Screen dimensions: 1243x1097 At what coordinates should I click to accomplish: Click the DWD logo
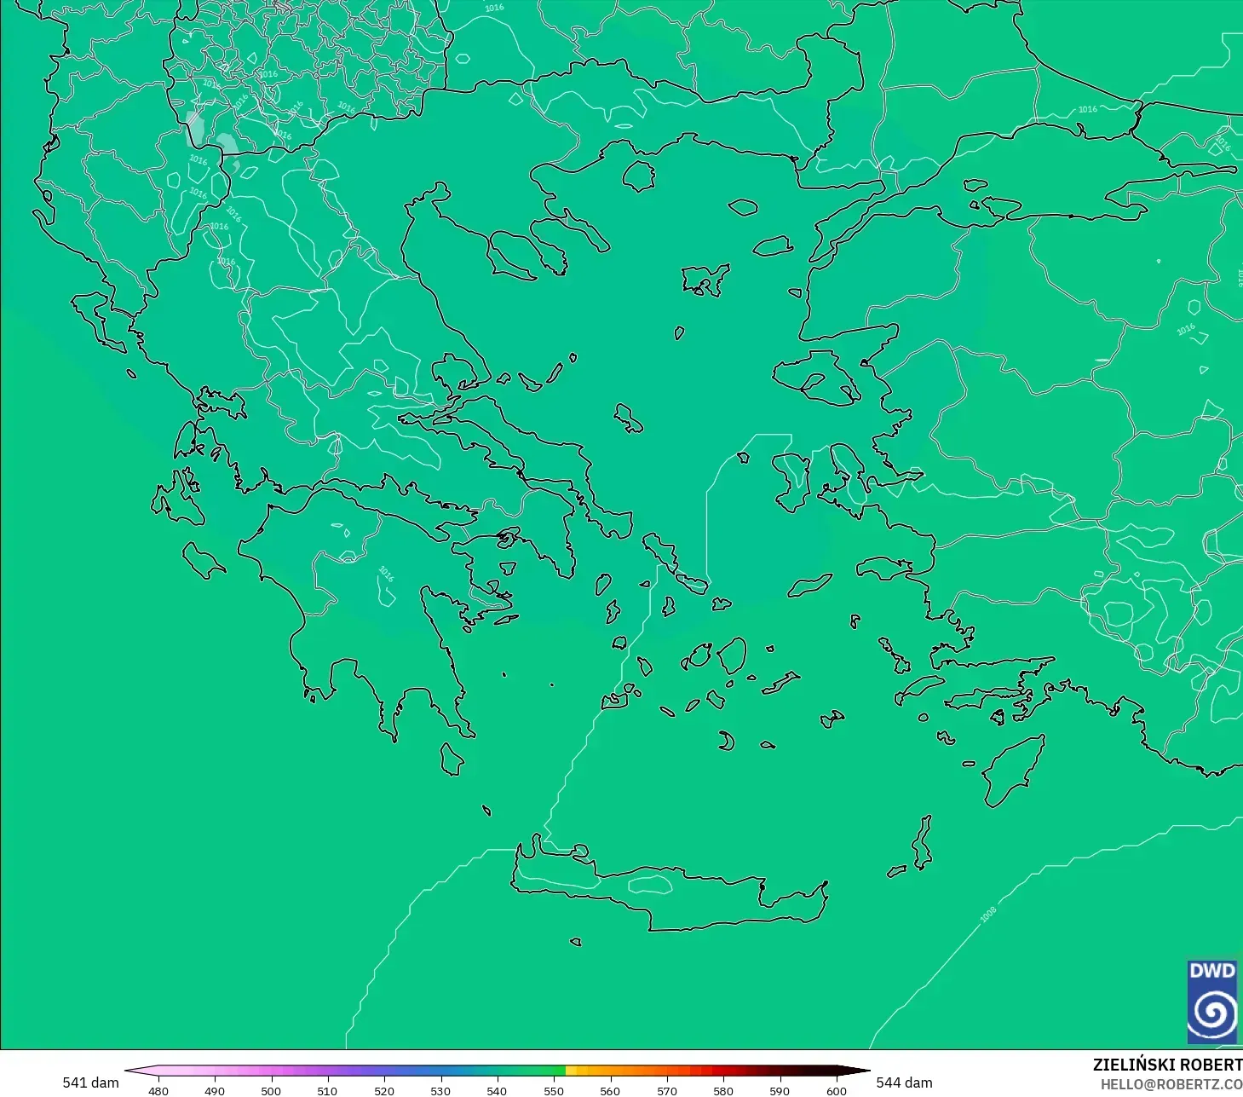1213,1002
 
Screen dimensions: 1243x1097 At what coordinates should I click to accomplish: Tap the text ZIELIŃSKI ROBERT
1167,1065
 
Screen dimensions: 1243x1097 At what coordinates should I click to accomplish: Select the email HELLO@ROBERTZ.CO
1171,1084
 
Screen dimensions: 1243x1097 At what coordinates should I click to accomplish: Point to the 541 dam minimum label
90,1083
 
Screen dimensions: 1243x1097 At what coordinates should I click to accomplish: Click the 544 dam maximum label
904,1083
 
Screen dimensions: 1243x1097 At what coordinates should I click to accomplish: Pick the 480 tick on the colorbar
158,1090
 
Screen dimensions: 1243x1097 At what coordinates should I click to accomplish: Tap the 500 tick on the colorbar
271,1090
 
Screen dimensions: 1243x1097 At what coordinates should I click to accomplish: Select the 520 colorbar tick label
384,1090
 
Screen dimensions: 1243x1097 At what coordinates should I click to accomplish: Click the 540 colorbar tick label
497,1090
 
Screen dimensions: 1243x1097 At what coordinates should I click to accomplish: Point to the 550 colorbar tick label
554,1090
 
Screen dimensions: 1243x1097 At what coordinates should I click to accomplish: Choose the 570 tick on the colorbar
667,1090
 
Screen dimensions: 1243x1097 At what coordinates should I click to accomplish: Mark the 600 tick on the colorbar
837,1090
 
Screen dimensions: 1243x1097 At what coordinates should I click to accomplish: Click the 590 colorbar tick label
780,1090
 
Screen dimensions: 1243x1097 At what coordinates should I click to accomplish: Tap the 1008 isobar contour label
988,915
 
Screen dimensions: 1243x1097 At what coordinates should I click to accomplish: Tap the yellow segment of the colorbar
572,1071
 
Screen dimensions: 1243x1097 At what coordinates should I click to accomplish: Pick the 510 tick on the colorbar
327,1090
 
